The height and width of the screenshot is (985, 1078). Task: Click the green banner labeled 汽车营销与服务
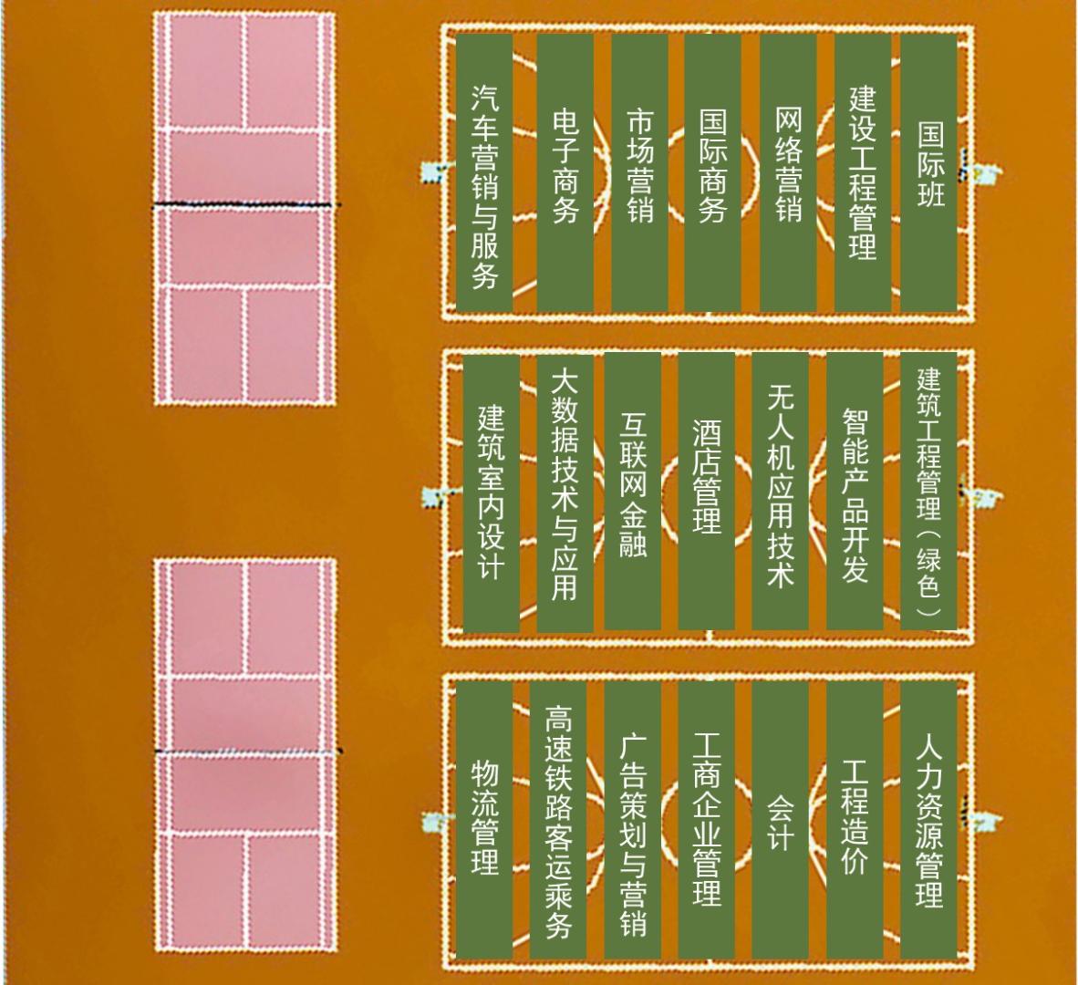point(484,172)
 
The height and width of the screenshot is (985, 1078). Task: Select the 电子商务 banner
point(565,172)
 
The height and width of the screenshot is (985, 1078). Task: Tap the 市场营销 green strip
point(639,172)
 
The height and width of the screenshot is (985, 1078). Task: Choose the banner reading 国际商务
point(712,172)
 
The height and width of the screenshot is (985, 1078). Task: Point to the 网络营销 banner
point(788,172)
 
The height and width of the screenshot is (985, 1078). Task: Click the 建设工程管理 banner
point(863,172)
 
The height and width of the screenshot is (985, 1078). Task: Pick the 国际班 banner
point(928,172)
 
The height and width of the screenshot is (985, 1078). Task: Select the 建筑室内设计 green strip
point(491,493)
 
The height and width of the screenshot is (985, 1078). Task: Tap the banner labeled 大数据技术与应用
point(565,493)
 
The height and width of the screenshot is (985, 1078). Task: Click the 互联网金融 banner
point(633,492)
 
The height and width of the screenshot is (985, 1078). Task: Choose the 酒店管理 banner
point(706,492)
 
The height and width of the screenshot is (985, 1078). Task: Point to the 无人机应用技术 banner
point(781,492)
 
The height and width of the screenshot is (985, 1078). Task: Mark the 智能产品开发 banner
point(855,492)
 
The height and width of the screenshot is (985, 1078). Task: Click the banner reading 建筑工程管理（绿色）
point(928,492)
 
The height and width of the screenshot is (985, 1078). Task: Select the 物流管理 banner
point(484,820)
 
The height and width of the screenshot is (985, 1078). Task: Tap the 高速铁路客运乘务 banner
point(558,820)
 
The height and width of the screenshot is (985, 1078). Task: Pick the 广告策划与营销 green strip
point(633,820)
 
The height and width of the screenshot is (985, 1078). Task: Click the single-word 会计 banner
point(781,820)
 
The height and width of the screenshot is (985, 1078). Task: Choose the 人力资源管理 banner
point(928,820)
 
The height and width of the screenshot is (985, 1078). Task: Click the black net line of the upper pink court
point(245,204)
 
